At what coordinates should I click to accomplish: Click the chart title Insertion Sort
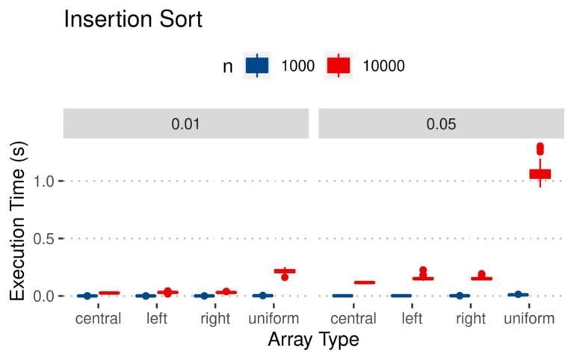pos(132,19)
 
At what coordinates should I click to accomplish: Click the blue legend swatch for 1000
pos(257,66)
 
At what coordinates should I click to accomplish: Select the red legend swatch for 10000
pos(339,66)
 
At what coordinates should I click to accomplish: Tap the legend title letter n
pos(227,66)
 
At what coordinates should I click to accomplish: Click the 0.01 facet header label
pos(185,123)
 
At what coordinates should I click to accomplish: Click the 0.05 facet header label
pos(441,123)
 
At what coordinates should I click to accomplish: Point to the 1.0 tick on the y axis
pos(46,181)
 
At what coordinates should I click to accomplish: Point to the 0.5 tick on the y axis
pos(46,238)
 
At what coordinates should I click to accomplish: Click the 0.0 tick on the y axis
pos(46,296)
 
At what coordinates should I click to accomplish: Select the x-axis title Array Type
pos(313,341)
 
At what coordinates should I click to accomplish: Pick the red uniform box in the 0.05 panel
pos(540,173)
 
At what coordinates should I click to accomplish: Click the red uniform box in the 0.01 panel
pos(285,270)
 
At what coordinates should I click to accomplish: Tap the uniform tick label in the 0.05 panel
pos(529,319)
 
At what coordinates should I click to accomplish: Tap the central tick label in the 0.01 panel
pos(99,319)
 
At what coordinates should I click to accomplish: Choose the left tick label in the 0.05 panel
pos(412,319)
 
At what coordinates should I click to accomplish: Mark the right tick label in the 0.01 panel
pos(215,319)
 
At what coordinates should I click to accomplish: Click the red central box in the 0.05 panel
pos(364,282)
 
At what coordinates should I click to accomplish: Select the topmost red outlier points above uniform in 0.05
pos(540,147)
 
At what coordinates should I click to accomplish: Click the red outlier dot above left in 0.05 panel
pos(423,270)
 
